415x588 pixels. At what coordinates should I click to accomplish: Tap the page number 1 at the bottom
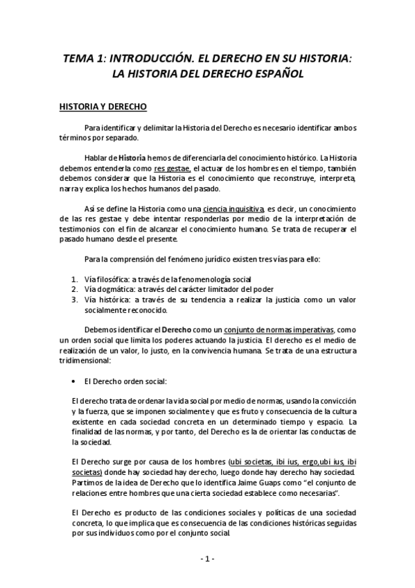point(208,559)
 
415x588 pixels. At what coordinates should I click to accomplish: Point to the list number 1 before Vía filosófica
point(74,278)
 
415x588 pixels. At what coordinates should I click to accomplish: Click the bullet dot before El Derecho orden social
point(73,381)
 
